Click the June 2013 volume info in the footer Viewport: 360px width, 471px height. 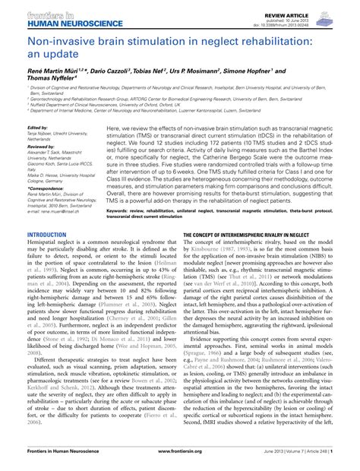(303, 461)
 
